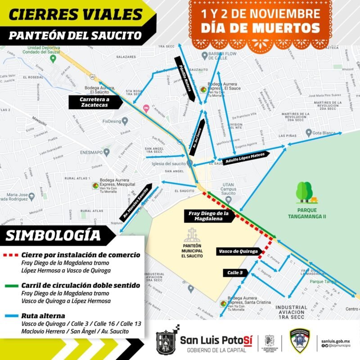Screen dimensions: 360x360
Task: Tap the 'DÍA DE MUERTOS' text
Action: tap(261, 28)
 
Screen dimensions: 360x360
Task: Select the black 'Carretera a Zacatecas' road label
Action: tap(95, 102)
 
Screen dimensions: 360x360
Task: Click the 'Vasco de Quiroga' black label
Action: tap(238, 251)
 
